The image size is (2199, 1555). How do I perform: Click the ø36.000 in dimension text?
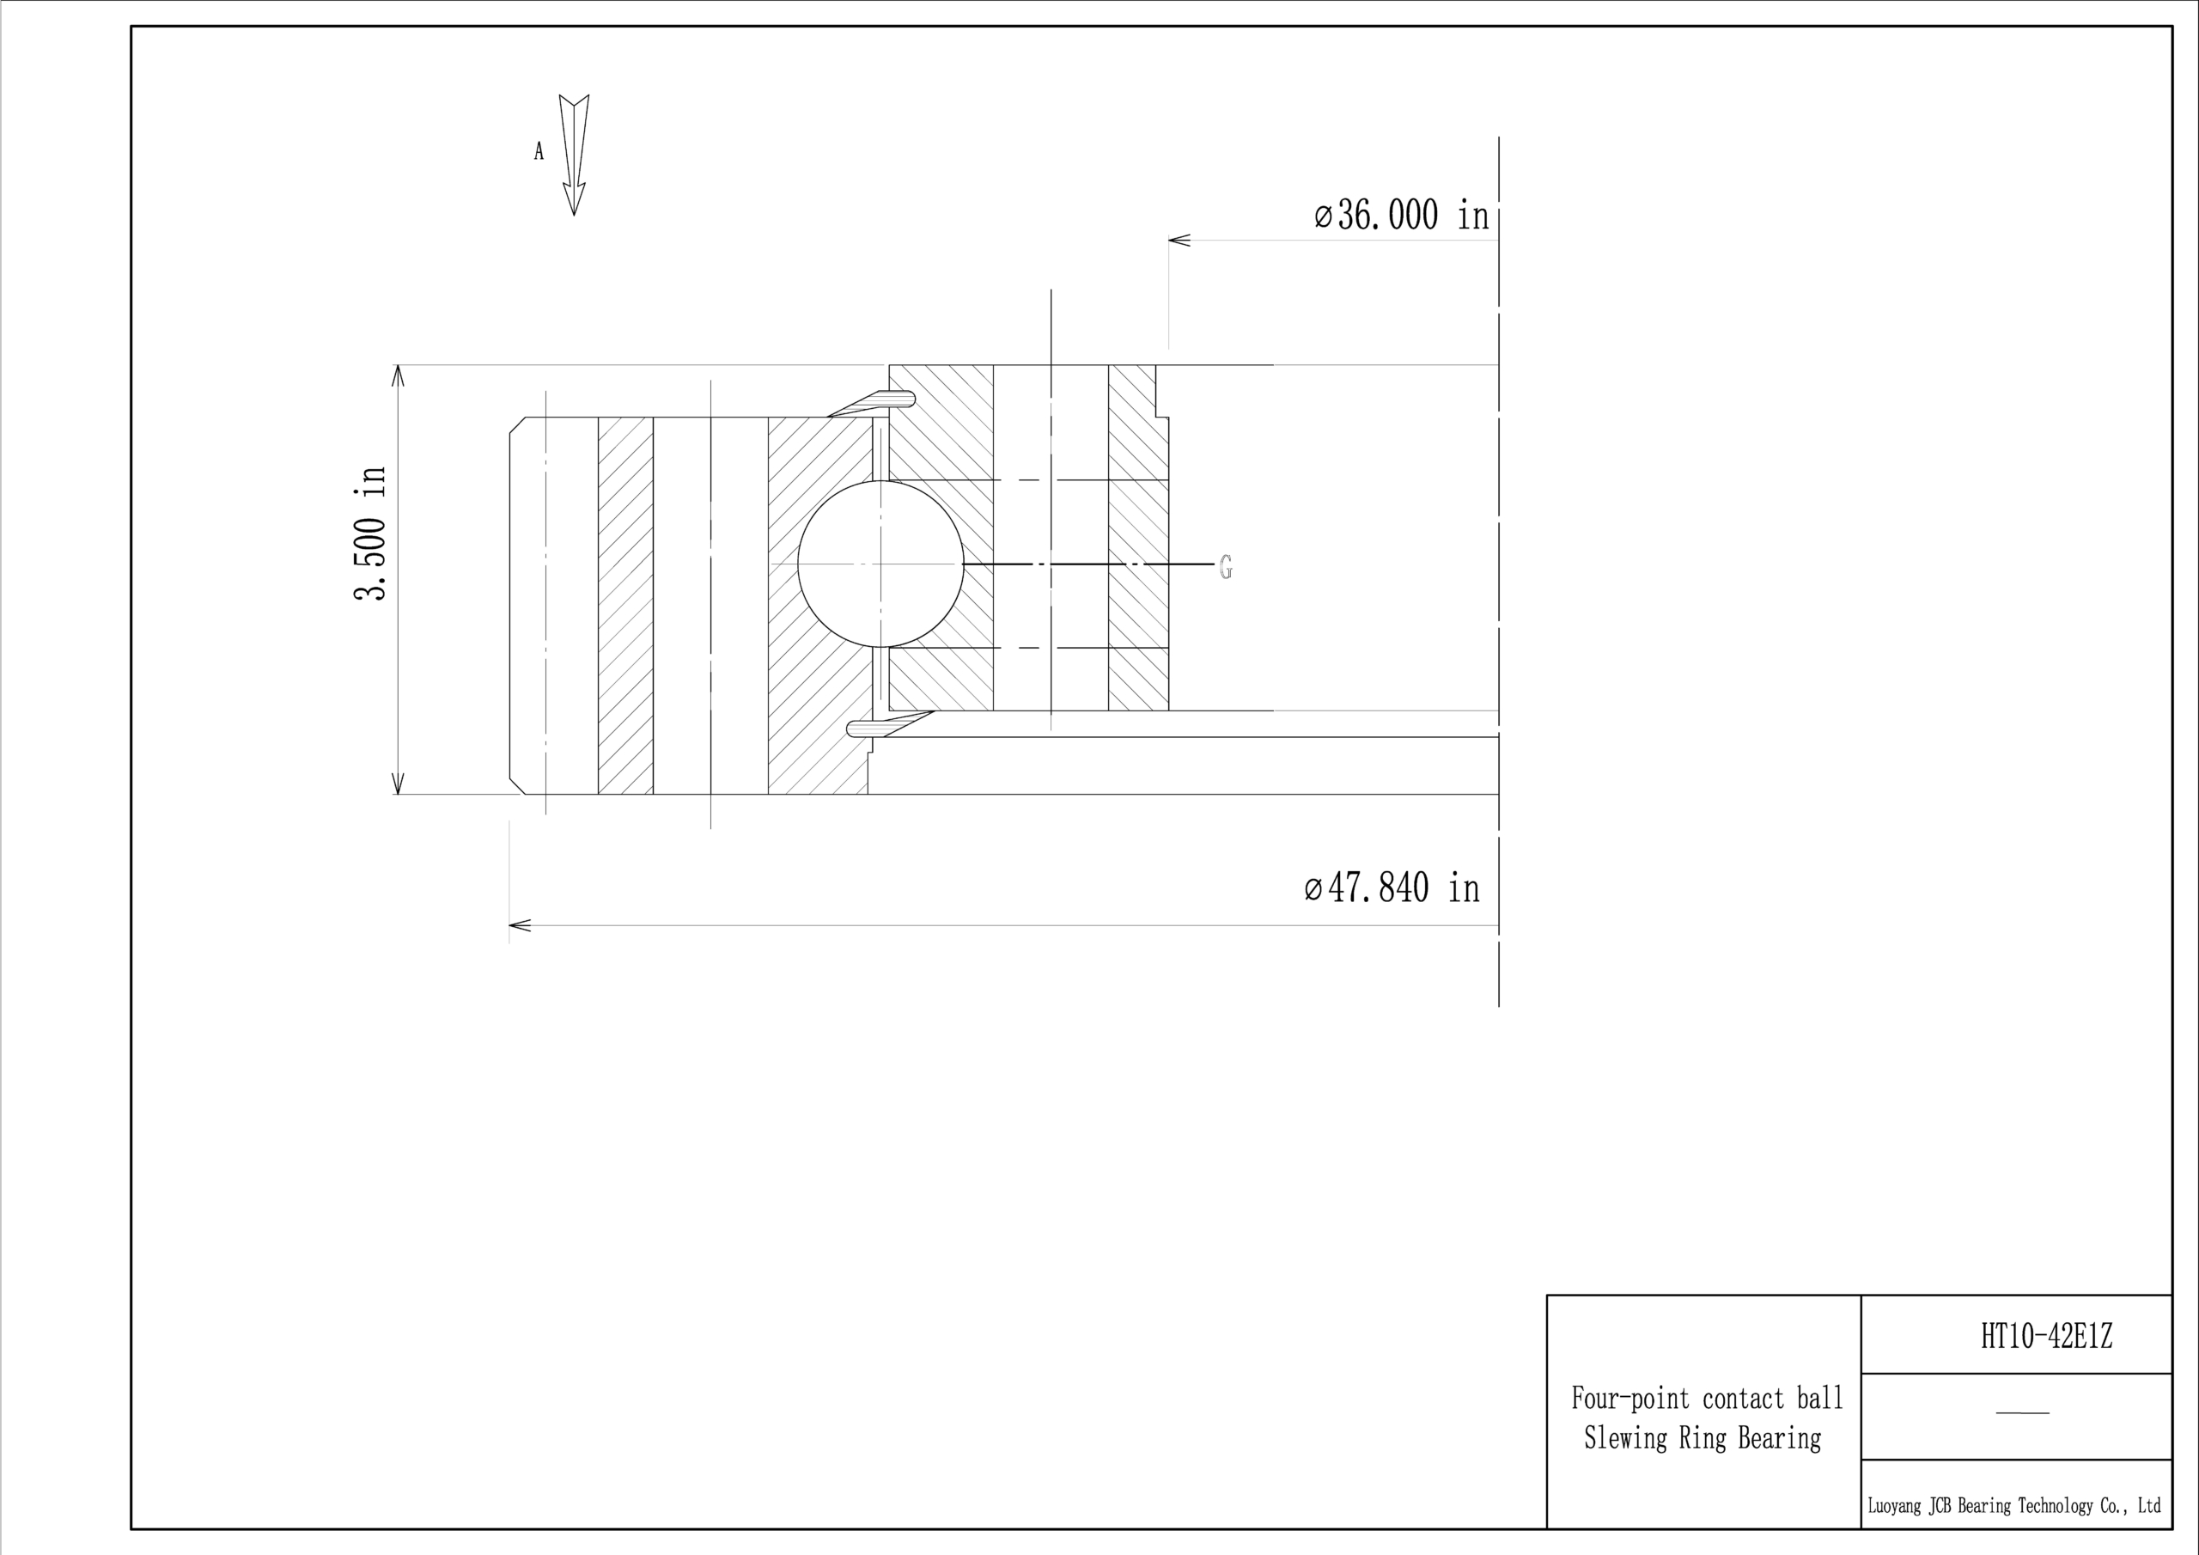click(1402, 216)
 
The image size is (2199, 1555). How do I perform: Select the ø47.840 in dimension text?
click(1392, 888)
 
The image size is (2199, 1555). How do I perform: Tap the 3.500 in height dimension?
click(370, 533)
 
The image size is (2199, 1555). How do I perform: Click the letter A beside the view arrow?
click(539, 151)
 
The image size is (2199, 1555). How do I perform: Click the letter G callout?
click(1226, 567)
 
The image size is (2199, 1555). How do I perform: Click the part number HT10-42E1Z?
click(2046, 1336)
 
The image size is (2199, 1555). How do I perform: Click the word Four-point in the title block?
click(1630, 1399)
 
